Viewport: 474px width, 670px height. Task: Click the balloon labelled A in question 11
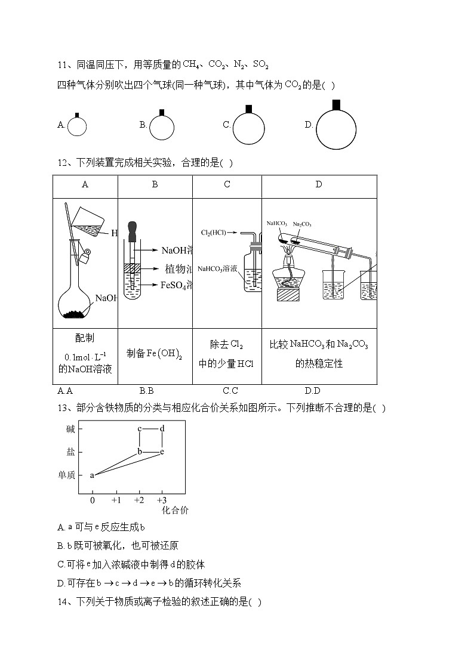pos(77,126)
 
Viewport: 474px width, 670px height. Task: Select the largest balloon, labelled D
pos(336,129)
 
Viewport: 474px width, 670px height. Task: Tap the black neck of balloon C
pos(248,108)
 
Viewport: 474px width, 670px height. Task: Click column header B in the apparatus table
pos(155,184)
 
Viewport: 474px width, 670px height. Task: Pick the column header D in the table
pos(318,184)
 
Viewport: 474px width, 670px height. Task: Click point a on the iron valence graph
pos(92,475)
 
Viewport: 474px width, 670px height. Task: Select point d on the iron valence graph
pos(162,428)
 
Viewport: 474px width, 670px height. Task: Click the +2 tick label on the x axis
pos(139,499)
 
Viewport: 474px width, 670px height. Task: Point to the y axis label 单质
pos(66,475)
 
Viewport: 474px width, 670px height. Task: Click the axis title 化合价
pos(176,510)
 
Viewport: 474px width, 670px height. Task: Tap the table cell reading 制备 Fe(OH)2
pos(155,353)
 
